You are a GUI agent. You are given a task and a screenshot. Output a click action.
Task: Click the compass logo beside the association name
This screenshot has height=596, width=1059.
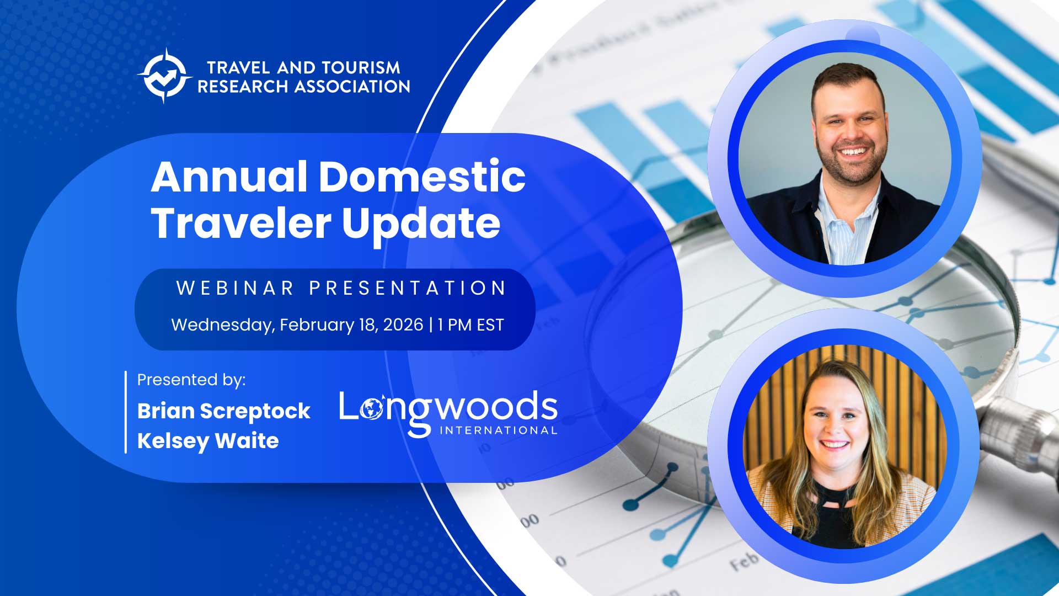164,76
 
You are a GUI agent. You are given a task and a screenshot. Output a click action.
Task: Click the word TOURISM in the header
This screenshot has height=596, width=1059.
361,68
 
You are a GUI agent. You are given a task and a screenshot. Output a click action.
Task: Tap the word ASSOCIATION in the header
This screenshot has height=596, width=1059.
351,87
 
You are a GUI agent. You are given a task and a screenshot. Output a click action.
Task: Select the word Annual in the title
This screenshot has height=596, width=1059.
229,177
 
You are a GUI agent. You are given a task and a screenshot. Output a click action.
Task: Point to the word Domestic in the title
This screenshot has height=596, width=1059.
422,177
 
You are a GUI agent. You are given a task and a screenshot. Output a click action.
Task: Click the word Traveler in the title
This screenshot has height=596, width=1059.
241,223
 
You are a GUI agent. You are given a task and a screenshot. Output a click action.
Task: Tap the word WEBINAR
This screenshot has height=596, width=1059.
236,288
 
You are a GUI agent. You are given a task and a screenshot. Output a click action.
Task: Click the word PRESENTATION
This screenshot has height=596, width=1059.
408,288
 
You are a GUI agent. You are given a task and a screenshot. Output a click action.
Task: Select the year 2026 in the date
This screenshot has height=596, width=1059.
403,324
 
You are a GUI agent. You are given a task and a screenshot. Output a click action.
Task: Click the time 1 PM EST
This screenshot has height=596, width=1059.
470,324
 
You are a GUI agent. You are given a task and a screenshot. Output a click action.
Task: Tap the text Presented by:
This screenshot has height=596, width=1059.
191,380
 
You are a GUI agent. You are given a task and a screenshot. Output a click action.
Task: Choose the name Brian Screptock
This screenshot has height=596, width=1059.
224,411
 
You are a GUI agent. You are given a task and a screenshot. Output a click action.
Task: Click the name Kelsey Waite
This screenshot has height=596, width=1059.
208,441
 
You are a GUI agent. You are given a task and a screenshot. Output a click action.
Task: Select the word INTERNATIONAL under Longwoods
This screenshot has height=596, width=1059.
498,430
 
